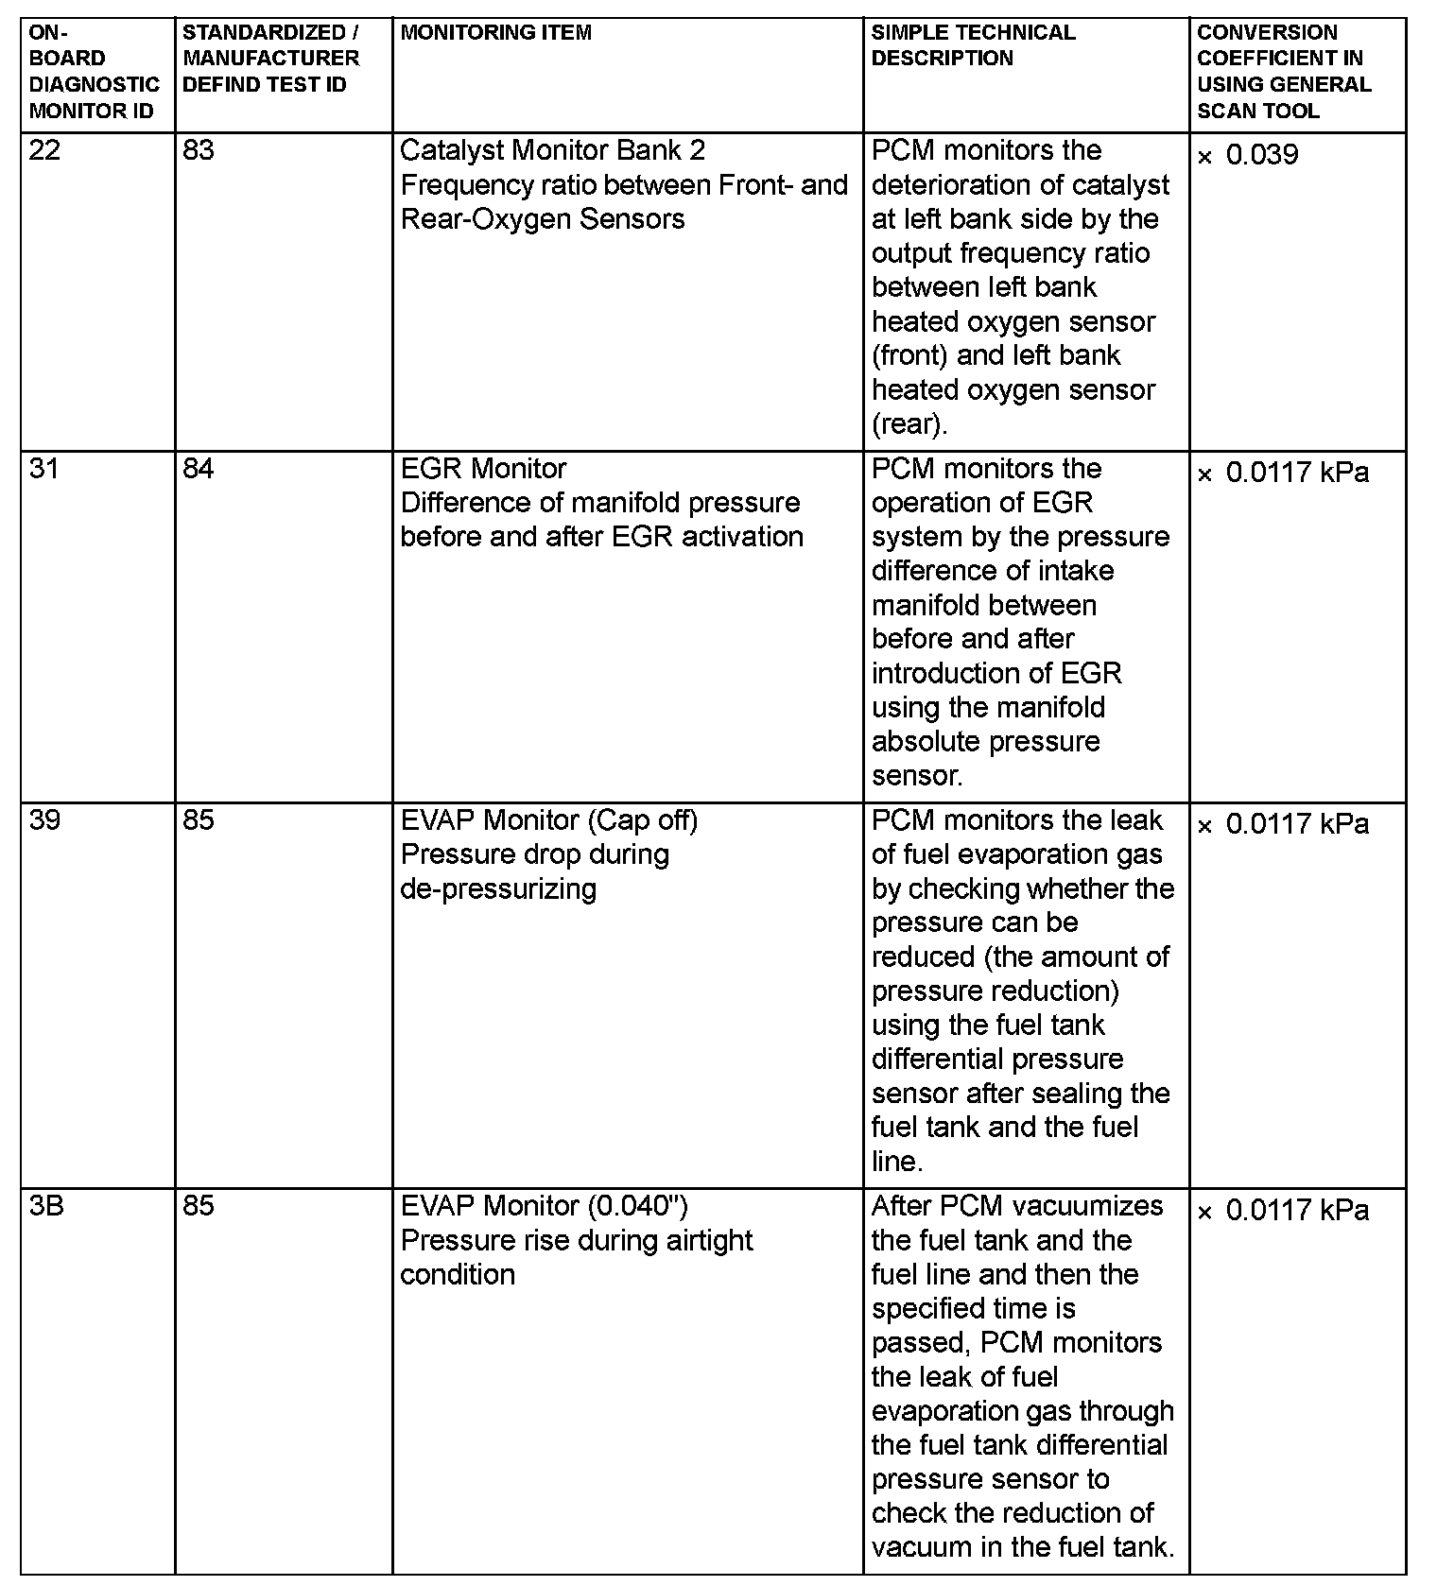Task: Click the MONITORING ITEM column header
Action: (496, 33)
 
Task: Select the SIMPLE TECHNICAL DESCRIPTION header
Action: (973, 45)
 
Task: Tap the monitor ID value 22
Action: (44, 151)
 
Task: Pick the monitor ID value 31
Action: (43, 469)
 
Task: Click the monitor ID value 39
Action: (44, 820)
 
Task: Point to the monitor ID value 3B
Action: (46, 1206)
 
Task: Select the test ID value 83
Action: (199, 151)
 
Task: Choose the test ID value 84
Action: (199, 469)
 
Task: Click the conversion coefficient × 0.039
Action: (1248, 155)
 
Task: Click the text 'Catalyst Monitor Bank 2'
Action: (553, 151)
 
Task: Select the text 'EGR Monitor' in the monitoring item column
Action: (483, 469)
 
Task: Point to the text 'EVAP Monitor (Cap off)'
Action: (549, 820)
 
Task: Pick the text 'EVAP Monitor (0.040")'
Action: (545, 1206)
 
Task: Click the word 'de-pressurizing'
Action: (498, 889)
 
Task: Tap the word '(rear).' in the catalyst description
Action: (909, 424)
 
